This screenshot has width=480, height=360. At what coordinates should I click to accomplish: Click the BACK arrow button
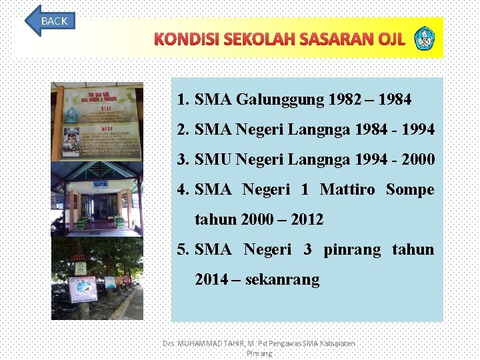pos(51,21)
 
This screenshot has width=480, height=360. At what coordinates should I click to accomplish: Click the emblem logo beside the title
pos(423,39)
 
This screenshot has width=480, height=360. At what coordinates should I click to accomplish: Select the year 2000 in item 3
pos(418,159)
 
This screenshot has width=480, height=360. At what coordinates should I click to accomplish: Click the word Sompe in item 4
pos(410,189)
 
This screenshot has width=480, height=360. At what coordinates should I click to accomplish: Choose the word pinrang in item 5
pos(352,249)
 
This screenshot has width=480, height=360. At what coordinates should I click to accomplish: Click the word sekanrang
pos(282,279)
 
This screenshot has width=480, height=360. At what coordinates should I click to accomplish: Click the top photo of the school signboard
pos(97,121)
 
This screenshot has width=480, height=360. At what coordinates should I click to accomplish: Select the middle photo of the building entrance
pos(97,199)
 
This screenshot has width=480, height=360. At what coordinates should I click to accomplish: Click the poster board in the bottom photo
pos(83,289)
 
